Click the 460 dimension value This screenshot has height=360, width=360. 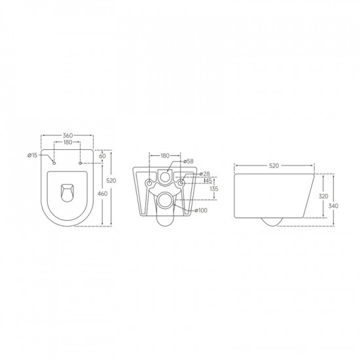coord(103,194)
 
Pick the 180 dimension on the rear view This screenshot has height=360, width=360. coord(165,156)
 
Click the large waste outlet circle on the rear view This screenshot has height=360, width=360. coord(165,199)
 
